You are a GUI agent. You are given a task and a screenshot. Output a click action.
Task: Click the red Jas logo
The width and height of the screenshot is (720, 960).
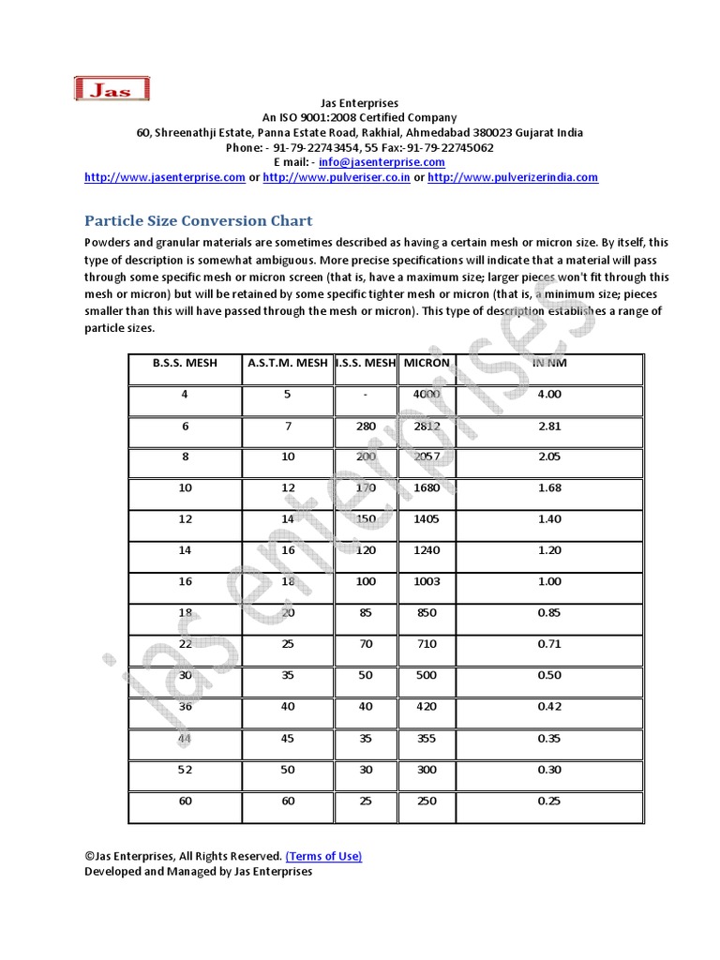pos(111,89)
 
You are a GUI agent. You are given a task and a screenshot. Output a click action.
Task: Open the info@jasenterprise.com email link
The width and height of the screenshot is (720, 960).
pos(368,162)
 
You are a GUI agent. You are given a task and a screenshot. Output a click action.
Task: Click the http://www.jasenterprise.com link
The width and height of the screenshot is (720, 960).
pos(165,177)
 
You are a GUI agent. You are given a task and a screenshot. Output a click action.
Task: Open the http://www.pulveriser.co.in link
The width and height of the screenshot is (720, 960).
pos(337,177)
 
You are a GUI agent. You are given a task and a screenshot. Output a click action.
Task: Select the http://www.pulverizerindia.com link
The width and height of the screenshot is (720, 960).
pos(513,177)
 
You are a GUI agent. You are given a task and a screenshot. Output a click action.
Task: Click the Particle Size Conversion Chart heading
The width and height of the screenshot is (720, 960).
pos(199,221)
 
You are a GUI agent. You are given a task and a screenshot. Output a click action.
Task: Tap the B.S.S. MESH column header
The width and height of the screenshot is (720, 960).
pos(185,363)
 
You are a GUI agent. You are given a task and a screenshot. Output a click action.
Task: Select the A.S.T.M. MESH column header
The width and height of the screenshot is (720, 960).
pos(288,363)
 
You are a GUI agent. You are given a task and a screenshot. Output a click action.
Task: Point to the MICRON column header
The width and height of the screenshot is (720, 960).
pos(427,363)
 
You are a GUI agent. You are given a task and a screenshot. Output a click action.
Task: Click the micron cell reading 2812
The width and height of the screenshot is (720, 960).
pos(427,426)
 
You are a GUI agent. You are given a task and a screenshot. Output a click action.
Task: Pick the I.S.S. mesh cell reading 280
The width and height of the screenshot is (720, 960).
pos(366,426)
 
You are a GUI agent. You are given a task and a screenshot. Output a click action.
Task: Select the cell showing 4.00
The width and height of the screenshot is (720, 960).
pos(549,395)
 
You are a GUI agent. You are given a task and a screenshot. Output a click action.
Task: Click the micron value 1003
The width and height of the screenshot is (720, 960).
pos(427,582)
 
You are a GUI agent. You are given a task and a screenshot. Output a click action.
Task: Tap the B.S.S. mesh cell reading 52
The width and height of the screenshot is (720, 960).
pos(185,770)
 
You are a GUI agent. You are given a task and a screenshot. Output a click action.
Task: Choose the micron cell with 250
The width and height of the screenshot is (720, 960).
pos(427,801)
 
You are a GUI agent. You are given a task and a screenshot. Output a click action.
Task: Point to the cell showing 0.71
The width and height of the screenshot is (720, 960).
pos(549,645)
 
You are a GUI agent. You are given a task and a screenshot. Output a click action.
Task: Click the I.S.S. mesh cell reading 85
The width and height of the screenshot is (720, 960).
pos(366,613)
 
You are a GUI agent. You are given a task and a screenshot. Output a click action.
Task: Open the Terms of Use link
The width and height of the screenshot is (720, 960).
pos(323,856)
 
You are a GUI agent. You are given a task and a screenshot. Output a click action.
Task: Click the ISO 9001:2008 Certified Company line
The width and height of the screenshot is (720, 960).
pos(360,118)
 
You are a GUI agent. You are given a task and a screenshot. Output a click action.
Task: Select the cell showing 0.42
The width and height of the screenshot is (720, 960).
pos(549,707)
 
